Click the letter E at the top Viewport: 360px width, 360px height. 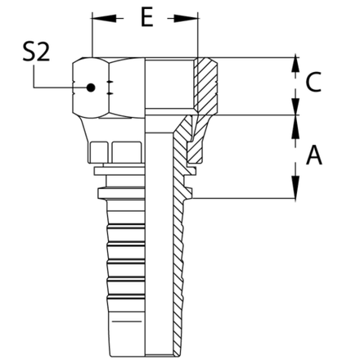[146, 19]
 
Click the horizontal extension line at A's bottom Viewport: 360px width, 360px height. [245, 196]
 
